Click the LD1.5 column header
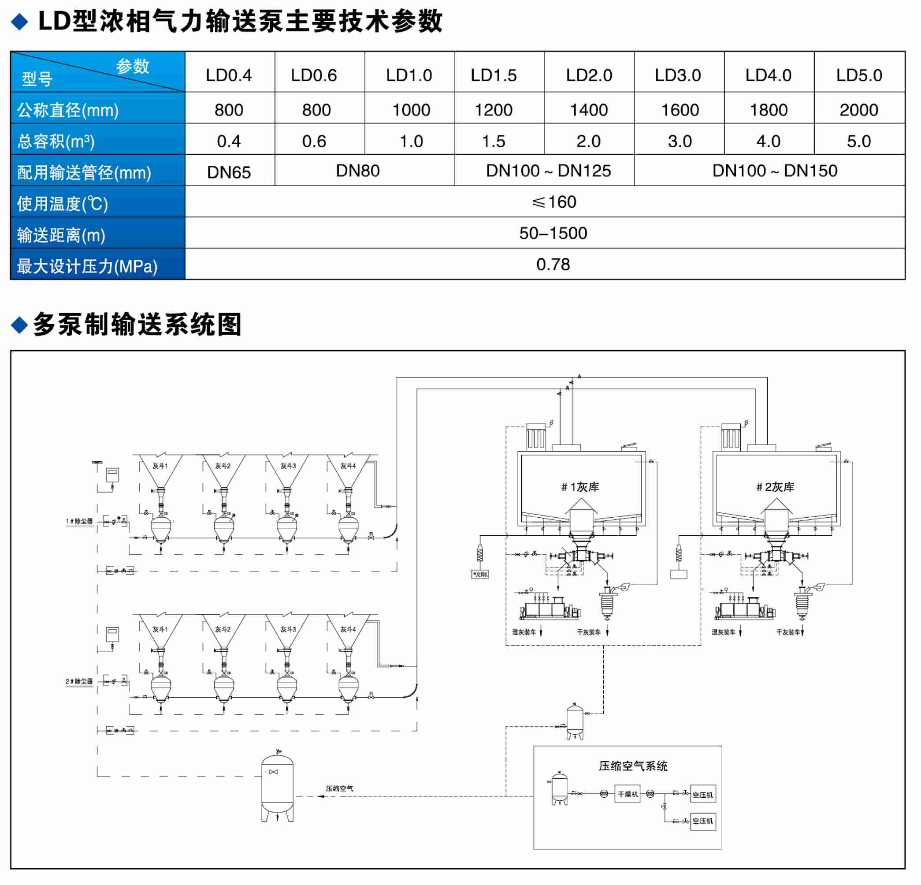(494, 75)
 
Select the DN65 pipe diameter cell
(229, 172)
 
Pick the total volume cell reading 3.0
(680, 141)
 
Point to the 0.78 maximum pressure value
(553, 264)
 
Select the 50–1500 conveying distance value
(553, 233)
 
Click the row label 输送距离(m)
(61, 235)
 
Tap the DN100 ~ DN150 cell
(774, 171)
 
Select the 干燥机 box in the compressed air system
(628, 794)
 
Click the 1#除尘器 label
(79, 521)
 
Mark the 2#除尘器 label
(79, 681)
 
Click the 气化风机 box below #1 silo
(480, 574)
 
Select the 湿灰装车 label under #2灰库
(723, 632)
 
